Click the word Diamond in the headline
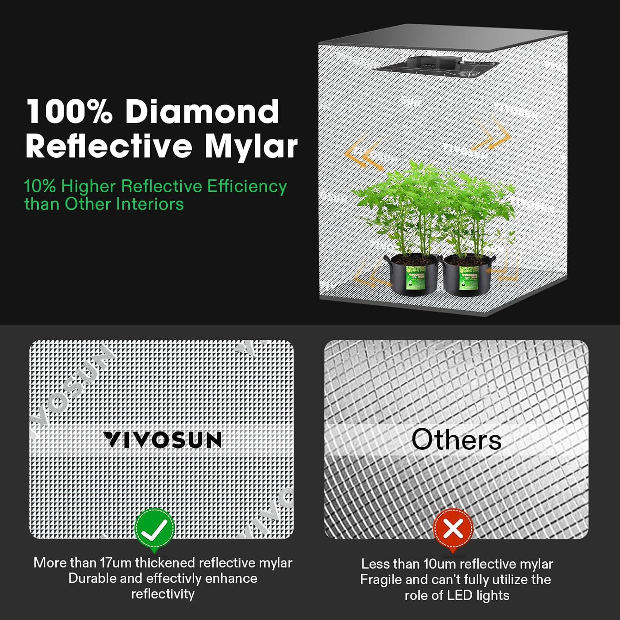click(202, 112)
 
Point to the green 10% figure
click(40, 186)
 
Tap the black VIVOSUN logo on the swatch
click(162, 440)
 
